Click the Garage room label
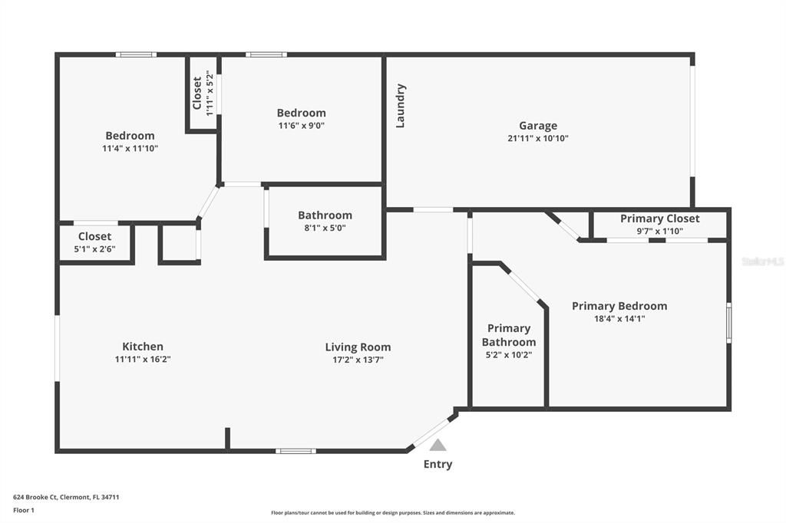pos(537,126)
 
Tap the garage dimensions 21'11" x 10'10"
pos(537,139)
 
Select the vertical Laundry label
pos(401,105)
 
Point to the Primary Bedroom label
pos(619,306)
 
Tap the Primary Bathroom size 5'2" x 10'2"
pos(508,355)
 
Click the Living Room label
pos(358,347)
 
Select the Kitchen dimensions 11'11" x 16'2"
pos(143,359)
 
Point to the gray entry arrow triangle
pos(438,445)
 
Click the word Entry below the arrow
pos(438,464)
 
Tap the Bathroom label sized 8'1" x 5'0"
pos(325,215)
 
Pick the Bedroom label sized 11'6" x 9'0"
pos(301,113)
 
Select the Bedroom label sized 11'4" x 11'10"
pos(130,136)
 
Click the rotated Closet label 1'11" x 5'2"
pos(197,92)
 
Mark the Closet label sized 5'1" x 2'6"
pos(94,236)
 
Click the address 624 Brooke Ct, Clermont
pos(66,497)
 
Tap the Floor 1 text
pos(24,509)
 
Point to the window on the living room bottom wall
pos(296,451)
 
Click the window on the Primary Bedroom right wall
pos(728,322)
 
